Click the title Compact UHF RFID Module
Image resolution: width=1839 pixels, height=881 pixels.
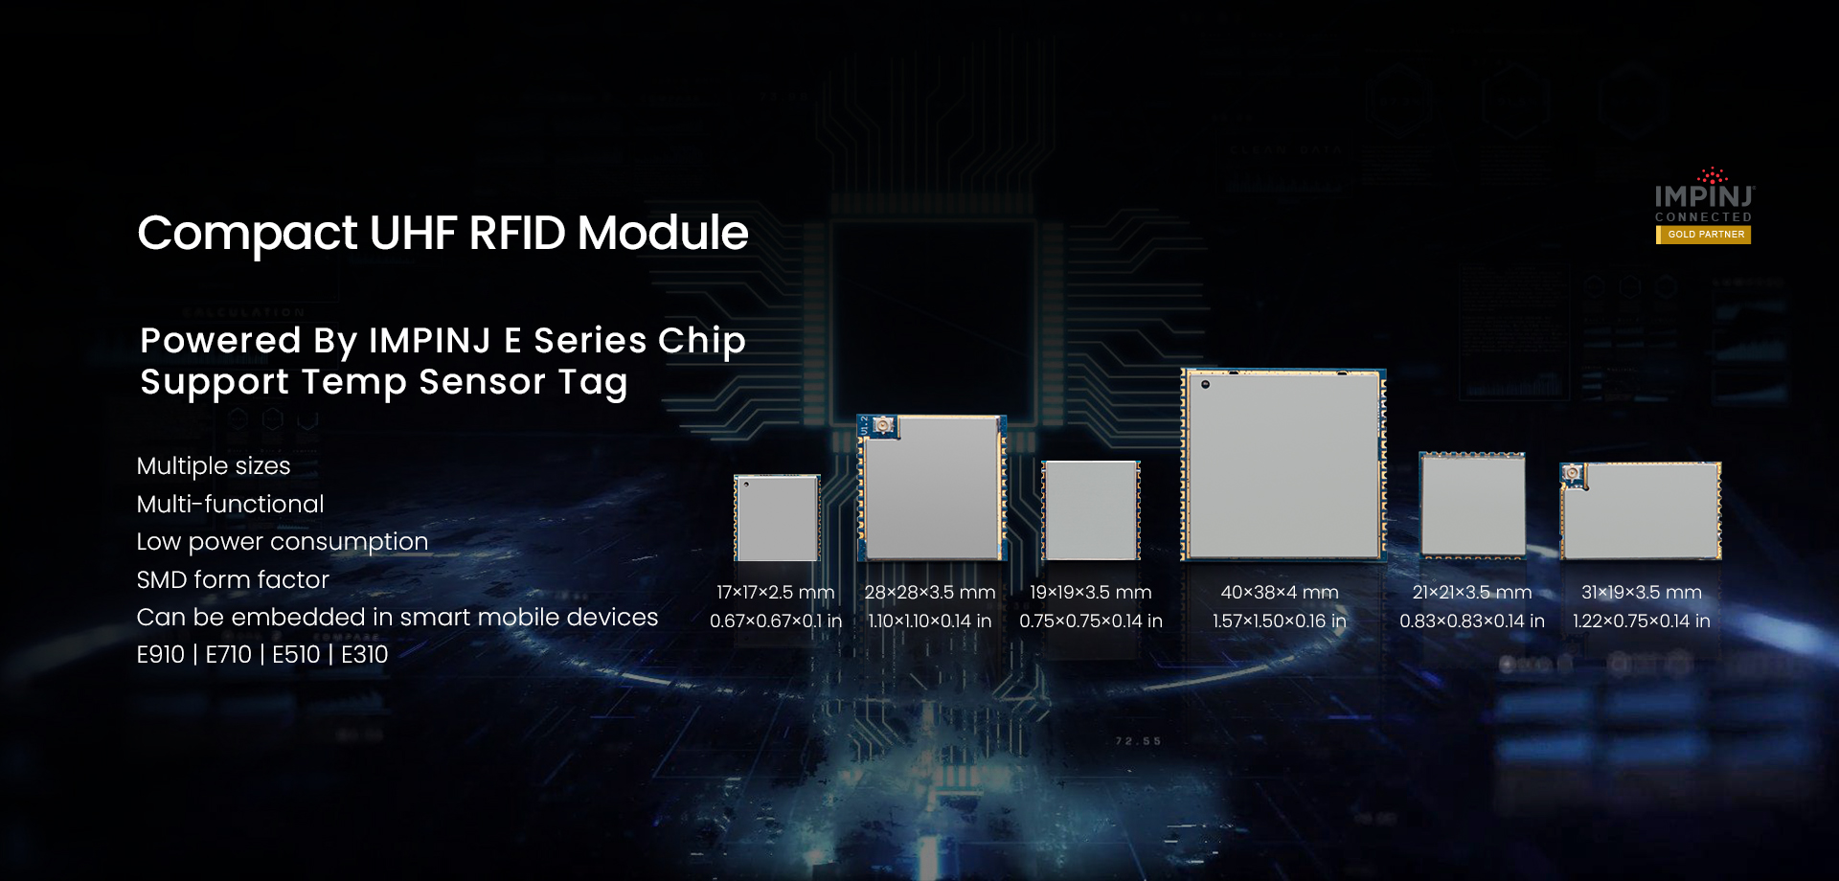[443, 234]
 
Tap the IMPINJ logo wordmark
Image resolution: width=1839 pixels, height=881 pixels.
[1704, 195]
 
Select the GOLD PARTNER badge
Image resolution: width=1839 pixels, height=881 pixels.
[1705, 235]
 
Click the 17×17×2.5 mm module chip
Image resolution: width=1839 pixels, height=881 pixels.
[777, 518]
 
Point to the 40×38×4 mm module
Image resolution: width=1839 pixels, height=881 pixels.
[1283, 464]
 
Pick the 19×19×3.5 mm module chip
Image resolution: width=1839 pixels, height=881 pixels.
[1091, 510]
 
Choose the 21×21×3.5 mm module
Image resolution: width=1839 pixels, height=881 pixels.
[1472, 504]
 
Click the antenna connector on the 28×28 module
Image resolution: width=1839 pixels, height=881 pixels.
[882, 425]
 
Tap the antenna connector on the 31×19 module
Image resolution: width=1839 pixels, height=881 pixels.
[1573, 473]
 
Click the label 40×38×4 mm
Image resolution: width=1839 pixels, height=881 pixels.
[1280, 593]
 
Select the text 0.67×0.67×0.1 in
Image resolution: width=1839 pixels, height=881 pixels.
[776, 621]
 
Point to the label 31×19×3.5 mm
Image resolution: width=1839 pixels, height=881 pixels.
[1641, 593]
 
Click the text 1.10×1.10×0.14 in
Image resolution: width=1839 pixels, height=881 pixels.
[929, 621]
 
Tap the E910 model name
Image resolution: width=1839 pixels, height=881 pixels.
[160, 655]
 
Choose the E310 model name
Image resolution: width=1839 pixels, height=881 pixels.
[365, 655]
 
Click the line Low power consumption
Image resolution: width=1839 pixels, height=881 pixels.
[282, 542]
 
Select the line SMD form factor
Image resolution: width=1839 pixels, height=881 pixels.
[233, 579]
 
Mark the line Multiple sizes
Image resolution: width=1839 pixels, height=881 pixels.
[214, 466]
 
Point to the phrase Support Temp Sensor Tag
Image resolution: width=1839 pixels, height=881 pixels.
[384, 382]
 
